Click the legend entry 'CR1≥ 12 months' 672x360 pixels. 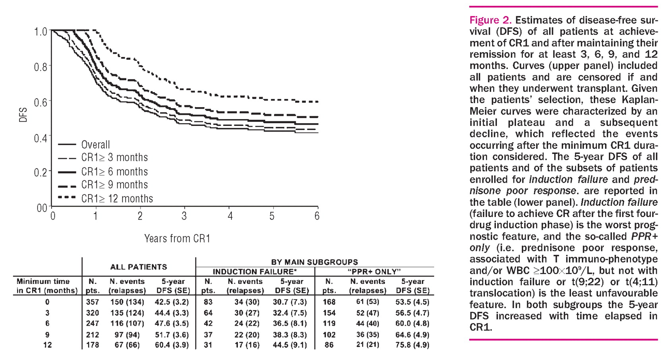coord(117,198)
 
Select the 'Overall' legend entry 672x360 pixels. coord(95,145)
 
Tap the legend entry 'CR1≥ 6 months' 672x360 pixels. coord(114,172)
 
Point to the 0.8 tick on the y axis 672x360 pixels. coord(41,66)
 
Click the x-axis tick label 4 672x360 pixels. coord(230,217)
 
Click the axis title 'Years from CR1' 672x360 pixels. coord(177,238)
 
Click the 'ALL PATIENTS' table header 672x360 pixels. coord(138,267)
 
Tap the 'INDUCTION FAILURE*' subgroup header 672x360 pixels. coord(255,272)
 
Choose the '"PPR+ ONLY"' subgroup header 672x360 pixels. coord(374,272)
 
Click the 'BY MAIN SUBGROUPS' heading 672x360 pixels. coord(314,262)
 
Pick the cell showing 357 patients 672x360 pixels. coord(93,302)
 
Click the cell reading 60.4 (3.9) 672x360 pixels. coord(172,345)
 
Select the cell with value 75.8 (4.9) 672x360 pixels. coord(412,345)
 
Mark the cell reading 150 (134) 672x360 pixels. coord(127,302)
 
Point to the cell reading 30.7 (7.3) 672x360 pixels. coord(290,302)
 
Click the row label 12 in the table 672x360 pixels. coord(47,345)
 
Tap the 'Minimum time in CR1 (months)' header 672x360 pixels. coord(47,286)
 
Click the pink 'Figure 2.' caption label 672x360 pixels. coord(490,20)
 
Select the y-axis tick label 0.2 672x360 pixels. coord(41,172)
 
